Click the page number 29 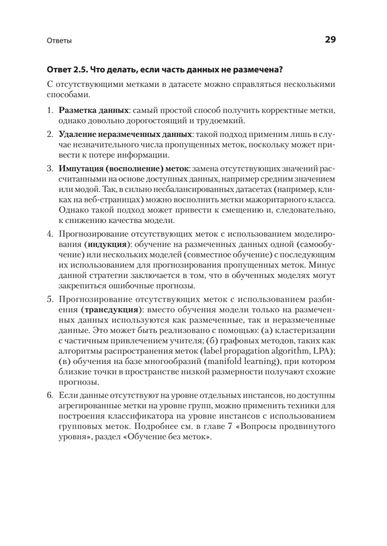click(330, 40)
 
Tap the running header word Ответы click(59, 40)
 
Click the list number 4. click(50, 234)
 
